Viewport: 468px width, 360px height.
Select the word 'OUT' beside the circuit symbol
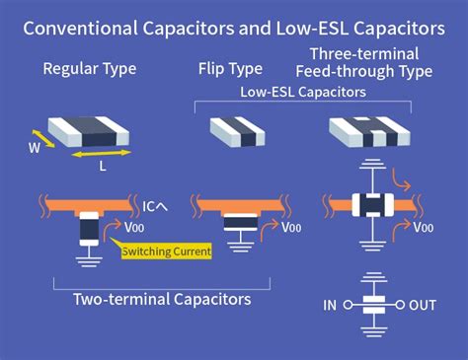point(422,306)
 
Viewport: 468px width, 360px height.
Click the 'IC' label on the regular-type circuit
point(151,206)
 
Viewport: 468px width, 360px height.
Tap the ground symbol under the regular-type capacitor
point(89,261)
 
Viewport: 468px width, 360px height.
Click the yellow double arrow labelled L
point(104,155)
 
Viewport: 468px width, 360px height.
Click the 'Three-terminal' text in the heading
point(361,52)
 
